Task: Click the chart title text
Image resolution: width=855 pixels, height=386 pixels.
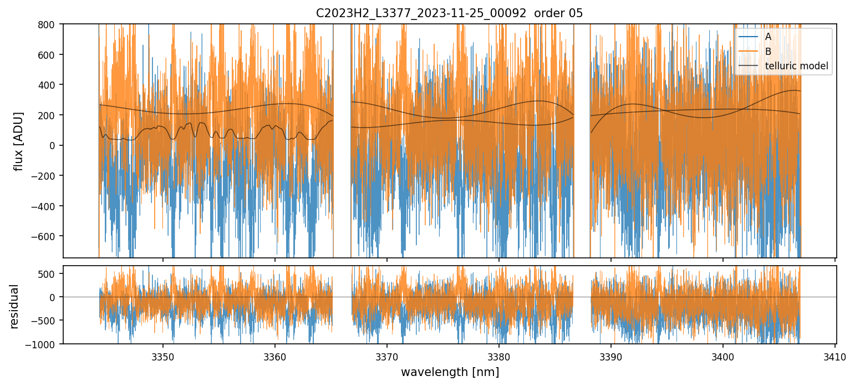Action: (x=449, y=13)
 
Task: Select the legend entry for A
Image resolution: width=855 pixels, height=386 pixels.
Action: (x=769, y=37)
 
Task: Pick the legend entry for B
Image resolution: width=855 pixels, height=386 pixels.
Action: (x=769, y=52)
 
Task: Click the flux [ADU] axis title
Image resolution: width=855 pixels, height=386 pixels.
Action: (x=18, y=141)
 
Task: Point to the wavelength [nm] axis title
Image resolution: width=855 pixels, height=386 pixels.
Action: (x=449, y=372)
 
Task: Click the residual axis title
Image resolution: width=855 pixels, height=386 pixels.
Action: (x=15, y=306)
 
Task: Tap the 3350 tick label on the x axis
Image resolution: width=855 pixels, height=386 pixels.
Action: (x=163, y=355)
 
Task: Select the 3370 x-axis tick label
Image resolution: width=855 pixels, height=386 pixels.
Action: (x=387, y=355)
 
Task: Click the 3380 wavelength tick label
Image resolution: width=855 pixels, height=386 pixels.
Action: (x=499, y=355)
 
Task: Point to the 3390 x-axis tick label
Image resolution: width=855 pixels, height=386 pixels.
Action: (x=611, y=355)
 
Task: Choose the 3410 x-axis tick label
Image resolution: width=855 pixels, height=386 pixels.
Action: (x=835, y=355)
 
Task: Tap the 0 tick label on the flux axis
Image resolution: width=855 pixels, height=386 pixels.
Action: (x=55, y=145)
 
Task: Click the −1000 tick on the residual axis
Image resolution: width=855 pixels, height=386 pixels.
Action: (x=44, y=344)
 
